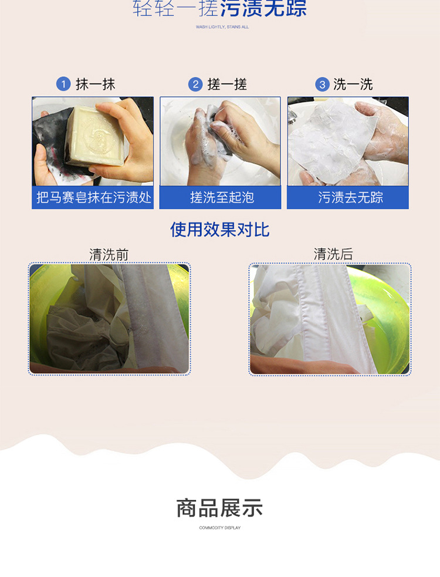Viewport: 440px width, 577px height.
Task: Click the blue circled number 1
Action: pos(63,85)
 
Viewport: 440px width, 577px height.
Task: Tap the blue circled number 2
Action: pos(196,85)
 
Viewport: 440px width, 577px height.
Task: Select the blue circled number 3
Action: pos(322,85)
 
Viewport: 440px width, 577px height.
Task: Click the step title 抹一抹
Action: pos(96,85)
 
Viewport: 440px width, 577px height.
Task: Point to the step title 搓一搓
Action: pos(227,85)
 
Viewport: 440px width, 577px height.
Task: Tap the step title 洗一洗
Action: pos(353,85)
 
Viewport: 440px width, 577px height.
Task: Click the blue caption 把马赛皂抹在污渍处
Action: pos(93,197)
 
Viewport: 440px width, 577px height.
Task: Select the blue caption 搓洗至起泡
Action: pos(221,197)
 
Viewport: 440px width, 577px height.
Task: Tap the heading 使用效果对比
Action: pos(220,230)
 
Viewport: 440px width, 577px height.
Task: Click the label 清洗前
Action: pos(109,255)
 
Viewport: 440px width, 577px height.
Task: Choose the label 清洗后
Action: pos(333,255)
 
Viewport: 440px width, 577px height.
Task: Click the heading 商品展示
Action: pos(220,508)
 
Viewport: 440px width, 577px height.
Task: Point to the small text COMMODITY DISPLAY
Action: pos(220,528)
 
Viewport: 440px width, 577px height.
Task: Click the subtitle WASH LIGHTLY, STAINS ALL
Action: pos(222,27)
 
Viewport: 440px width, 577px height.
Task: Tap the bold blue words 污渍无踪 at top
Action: pos(263,9)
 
